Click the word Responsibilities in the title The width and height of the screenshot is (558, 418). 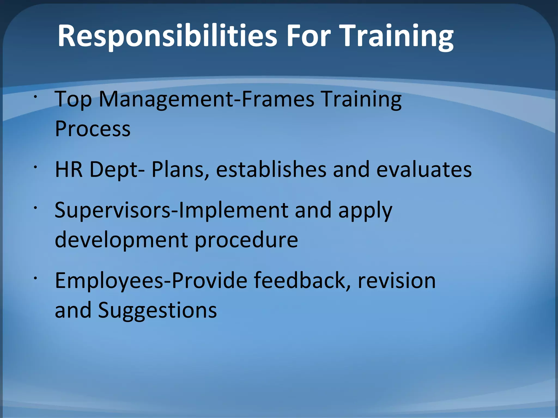click(x=167, y=36)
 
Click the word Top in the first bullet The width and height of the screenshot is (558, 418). click(x=73, y=100)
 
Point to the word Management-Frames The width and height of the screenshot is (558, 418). click(x=207, y=100)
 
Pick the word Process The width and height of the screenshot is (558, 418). click(x=93, y=129)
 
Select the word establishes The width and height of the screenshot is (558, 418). click(x=271, y=169)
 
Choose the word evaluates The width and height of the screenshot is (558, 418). click(x=424, y=169)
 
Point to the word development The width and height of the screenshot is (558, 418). click(x=121, y=240)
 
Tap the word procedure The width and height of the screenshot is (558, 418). click(x=246, y=240)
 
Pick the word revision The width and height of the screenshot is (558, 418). click(x=397, y=281)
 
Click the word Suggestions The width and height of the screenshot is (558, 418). click(x=157, y=311)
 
